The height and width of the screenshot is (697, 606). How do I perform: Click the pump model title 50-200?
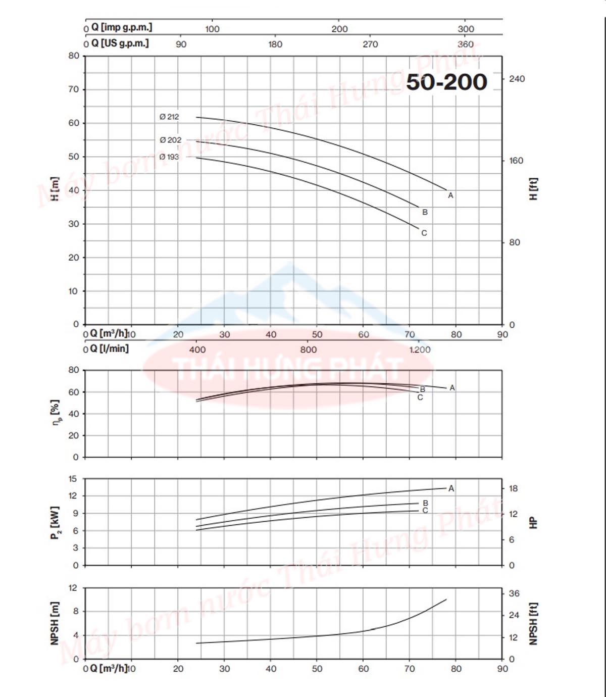pos(446,82)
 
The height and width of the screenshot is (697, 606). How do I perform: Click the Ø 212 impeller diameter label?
pos(169,117)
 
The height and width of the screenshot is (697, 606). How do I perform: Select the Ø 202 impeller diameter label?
pos(170,140)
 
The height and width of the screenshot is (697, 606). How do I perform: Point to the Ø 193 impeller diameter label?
pos(169,157)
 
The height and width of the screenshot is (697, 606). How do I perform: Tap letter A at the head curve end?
pos(450,195)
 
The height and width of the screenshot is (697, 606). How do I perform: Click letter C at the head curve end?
pos(424,233)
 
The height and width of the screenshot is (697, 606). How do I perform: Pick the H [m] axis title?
pos(55,189)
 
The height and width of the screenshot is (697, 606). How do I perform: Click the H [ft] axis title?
pos(533,189)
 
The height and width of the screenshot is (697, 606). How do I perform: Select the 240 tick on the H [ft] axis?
pos(517,79)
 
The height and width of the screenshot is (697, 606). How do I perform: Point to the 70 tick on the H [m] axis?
pos(74,89)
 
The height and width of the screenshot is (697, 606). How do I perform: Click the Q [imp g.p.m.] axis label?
pos(121,27)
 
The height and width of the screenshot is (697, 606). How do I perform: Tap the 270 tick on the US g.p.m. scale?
pos(370,44)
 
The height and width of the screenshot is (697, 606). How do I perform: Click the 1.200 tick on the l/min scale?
pos(420,350)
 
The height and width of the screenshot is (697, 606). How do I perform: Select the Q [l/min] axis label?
pos(109,349)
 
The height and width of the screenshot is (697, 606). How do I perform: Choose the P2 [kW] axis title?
pos(55,523)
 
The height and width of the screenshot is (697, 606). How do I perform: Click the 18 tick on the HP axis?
pos(514,488)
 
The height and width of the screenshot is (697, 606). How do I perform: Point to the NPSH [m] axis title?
pos(55,623)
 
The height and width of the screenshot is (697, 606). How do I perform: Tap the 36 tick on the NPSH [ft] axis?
pos(514,593)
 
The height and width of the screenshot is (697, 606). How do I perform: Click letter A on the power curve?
pos(451,488)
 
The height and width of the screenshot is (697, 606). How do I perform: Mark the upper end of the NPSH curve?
pos(446,600)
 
